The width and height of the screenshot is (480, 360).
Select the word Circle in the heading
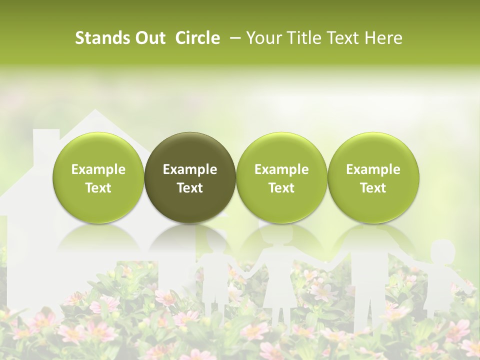tap(197, 38)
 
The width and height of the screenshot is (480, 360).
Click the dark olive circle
tap(190, 177)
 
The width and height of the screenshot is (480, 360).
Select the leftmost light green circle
tap(98, 177)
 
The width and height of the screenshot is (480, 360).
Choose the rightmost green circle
tap(373, 177)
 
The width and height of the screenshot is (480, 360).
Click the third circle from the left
tap(281, 177)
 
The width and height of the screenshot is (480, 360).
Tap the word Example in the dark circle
tap(190, 169)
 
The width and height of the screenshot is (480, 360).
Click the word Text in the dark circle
tap(190, 188)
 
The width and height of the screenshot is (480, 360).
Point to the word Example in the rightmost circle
tap(373, 169)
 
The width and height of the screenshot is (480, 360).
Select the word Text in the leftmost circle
tap(98, 188)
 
